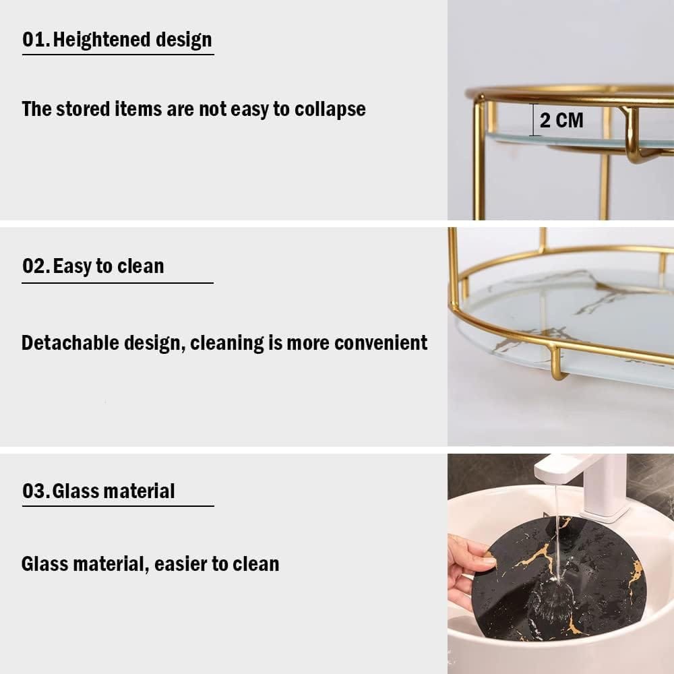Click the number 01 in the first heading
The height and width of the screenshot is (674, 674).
[35, 40]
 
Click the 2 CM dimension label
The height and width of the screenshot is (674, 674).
[561, 121]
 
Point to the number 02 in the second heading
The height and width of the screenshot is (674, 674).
[35, 266]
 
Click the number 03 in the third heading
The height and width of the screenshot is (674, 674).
[35, 491]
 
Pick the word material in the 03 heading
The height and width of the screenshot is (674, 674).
[141, 491]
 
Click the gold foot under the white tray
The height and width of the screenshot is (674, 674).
[558, 364]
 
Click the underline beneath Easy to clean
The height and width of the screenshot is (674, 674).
[117, 283]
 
